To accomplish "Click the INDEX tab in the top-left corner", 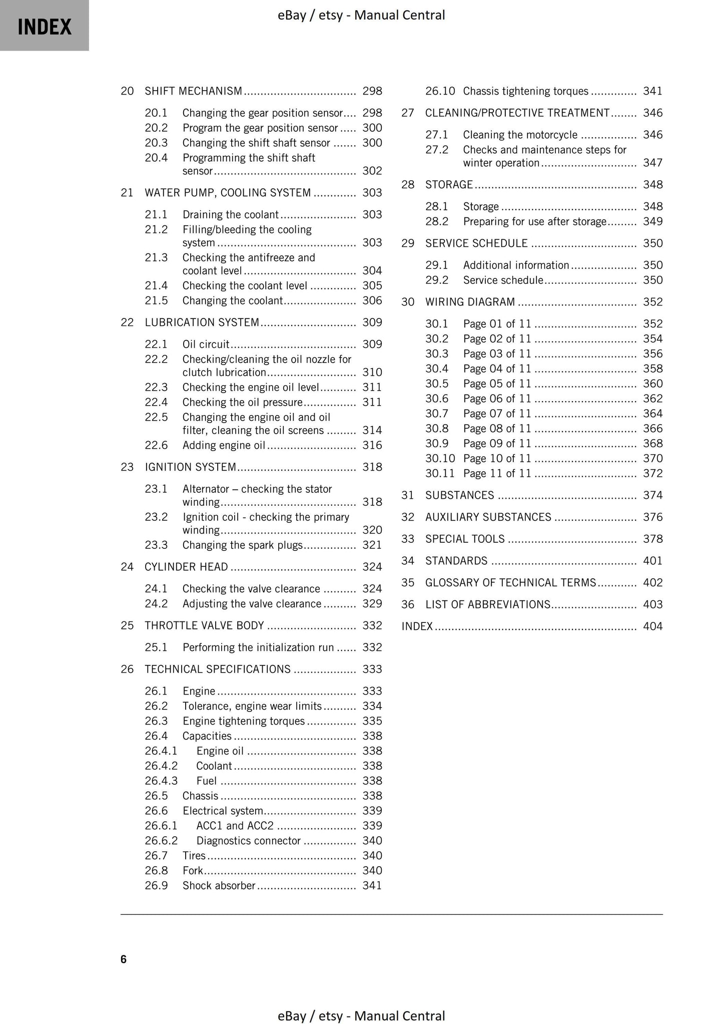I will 44,26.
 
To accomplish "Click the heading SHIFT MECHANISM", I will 193,91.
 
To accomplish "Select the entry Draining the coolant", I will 230,215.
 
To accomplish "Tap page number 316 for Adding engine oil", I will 372,445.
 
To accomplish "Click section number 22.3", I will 156,387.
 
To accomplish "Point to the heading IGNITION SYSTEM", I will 190,467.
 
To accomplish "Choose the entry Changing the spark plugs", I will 242,545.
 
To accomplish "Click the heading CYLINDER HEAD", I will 186,567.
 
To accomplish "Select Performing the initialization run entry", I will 258,647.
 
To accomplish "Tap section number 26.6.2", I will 161,841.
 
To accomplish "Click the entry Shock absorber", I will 219,886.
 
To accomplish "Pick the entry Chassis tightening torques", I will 525,91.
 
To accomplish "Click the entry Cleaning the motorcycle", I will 520,135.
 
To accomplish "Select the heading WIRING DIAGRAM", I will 470,302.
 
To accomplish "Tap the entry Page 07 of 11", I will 497,414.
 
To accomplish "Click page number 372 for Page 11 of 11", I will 652,473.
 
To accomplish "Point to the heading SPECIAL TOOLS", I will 465,539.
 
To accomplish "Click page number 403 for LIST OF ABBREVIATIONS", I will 652,604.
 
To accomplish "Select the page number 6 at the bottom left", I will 124,959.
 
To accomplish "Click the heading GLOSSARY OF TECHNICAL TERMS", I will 510,582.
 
